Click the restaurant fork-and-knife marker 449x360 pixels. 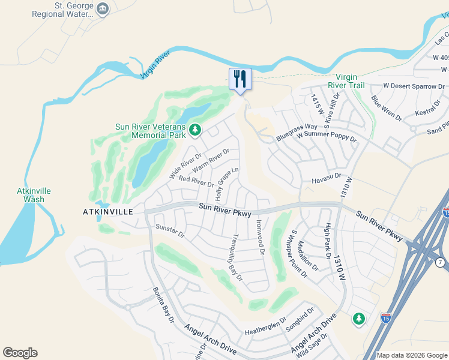(x=240, y=79)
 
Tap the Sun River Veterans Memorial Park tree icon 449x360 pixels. (x=194, y=130)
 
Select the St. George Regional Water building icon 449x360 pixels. (x=103, y=8)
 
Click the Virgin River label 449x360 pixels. (x=155, y=65)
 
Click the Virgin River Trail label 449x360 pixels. (x=349, y=81)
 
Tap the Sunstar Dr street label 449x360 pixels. (x=170, y=231)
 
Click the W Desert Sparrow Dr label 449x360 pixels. (x=412, y=86)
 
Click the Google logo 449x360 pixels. (x=20, y=353)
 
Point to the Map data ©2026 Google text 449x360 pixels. (x=411, y=355)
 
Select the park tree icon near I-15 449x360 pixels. (x=359, y=319)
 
